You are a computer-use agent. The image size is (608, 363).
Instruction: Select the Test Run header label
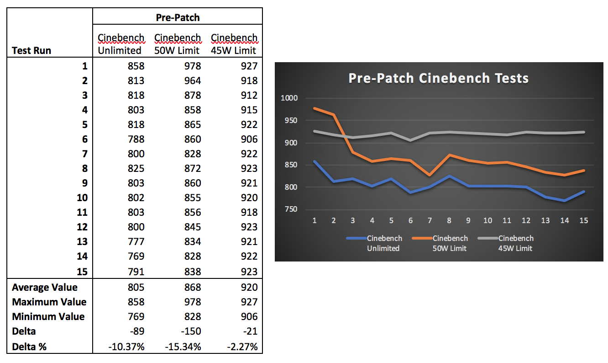[31, 50]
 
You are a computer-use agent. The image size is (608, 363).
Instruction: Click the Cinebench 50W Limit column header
[178, 44]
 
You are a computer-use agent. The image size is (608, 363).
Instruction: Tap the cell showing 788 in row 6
[136, 139]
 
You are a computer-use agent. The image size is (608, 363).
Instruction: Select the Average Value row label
[45, 288]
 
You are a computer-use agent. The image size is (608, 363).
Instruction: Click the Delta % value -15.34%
[183, 347]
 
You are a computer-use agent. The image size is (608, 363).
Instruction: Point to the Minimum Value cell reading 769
[136, 317]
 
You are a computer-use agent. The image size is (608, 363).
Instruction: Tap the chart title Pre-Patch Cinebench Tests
[438, 78]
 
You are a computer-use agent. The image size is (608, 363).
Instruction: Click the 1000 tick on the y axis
[290, 98]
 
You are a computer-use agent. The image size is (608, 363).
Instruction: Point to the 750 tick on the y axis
[291, 209]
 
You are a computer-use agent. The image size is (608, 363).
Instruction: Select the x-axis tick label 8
[449, 220]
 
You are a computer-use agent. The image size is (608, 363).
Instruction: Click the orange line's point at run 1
[314, 108]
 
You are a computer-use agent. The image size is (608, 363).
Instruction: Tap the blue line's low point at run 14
[565, 201]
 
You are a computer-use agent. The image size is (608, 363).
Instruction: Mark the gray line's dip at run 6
[411, 140]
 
